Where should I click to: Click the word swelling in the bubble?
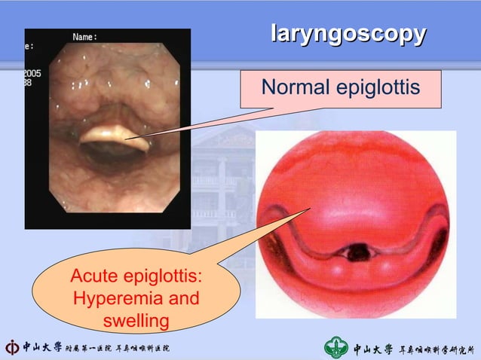pos(134,322)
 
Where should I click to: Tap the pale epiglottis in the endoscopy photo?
pos(106,134)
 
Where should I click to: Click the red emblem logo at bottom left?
pos(12,348)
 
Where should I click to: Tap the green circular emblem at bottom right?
pos(335,347)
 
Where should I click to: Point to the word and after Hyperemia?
pos(185,299)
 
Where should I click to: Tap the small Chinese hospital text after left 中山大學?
pos(117,349)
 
